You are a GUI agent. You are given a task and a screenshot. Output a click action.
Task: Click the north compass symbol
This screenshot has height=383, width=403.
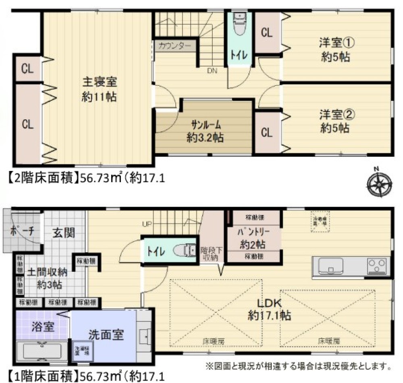point(379,184)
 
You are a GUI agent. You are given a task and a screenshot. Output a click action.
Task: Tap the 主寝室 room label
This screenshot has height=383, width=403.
point(100,89)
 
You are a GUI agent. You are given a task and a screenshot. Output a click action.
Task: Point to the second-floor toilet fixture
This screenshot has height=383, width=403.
point(239,25)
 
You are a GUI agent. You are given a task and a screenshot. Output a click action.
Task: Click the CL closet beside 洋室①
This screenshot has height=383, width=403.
point(267,33)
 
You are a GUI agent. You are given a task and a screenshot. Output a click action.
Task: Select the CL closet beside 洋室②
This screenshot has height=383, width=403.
point(267,133)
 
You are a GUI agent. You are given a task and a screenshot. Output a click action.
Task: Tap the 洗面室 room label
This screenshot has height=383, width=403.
point(106,334)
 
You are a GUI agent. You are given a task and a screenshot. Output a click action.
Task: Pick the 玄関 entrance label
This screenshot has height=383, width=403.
point(64,233)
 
